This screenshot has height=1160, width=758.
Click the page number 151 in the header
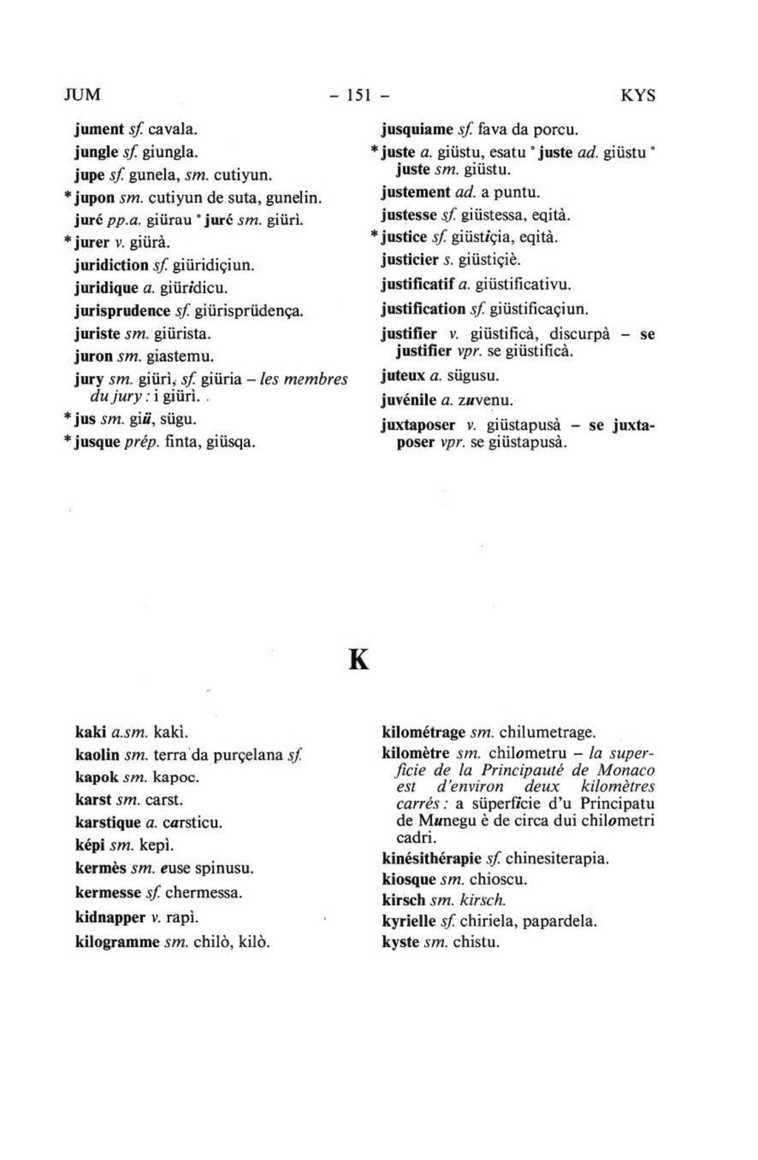[358, 95]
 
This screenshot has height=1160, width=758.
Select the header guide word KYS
[637, 96]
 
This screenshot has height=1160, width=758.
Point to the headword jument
[99, 129]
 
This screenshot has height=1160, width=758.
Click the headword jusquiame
[417, 130]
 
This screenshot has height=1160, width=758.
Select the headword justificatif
[416, 284]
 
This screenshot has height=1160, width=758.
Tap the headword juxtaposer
[418, 427]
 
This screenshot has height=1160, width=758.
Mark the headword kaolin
[98, 755]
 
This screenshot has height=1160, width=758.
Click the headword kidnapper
[110, 917]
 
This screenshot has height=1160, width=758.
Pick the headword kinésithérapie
[432, 859]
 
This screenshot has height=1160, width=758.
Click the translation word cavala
[172, 129]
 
